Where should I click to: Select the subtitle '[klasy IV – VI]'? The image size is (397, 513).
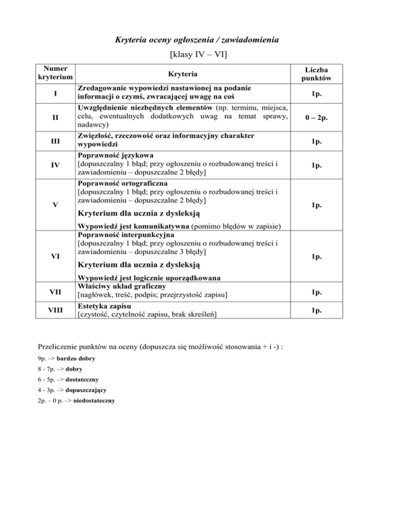tap(198, 54)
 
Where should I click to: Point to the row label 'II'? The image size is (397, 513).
tap(55, 118)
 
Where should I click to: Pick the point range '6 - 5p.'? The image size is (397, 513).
tap(48, 379)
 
